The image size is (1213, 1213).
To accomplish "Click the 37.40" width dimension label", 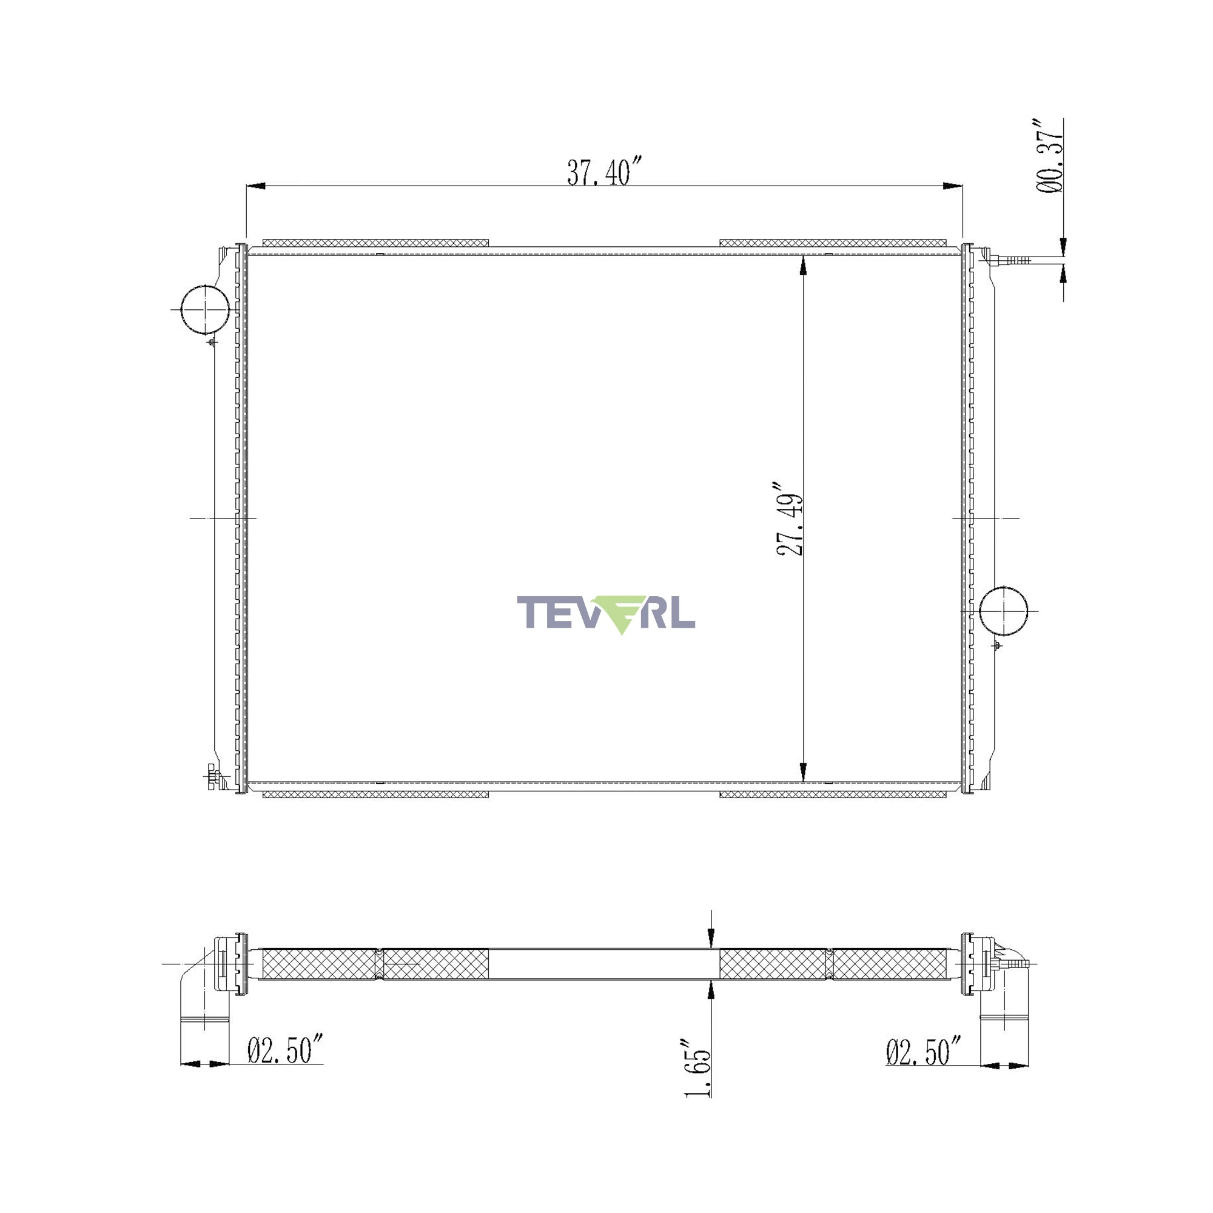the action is point(605,172).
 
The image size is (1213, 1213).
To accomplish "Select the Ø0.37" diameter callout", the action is point(1049,155).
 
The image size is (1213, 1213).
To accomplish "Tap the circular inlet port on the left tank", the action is point(204,309).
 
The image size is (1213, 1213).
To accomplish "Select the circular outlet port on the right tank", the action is point(1003,611).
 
